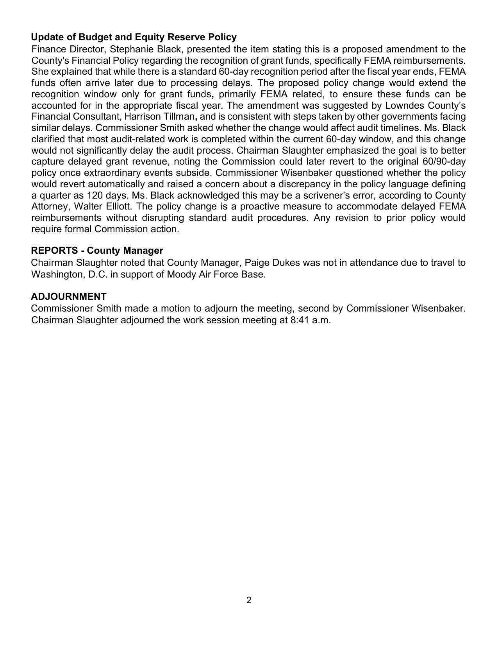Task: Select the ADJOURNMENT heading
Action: click(x=69, y=296)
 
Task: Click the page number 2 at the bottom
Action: click(x=249, y=600)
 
